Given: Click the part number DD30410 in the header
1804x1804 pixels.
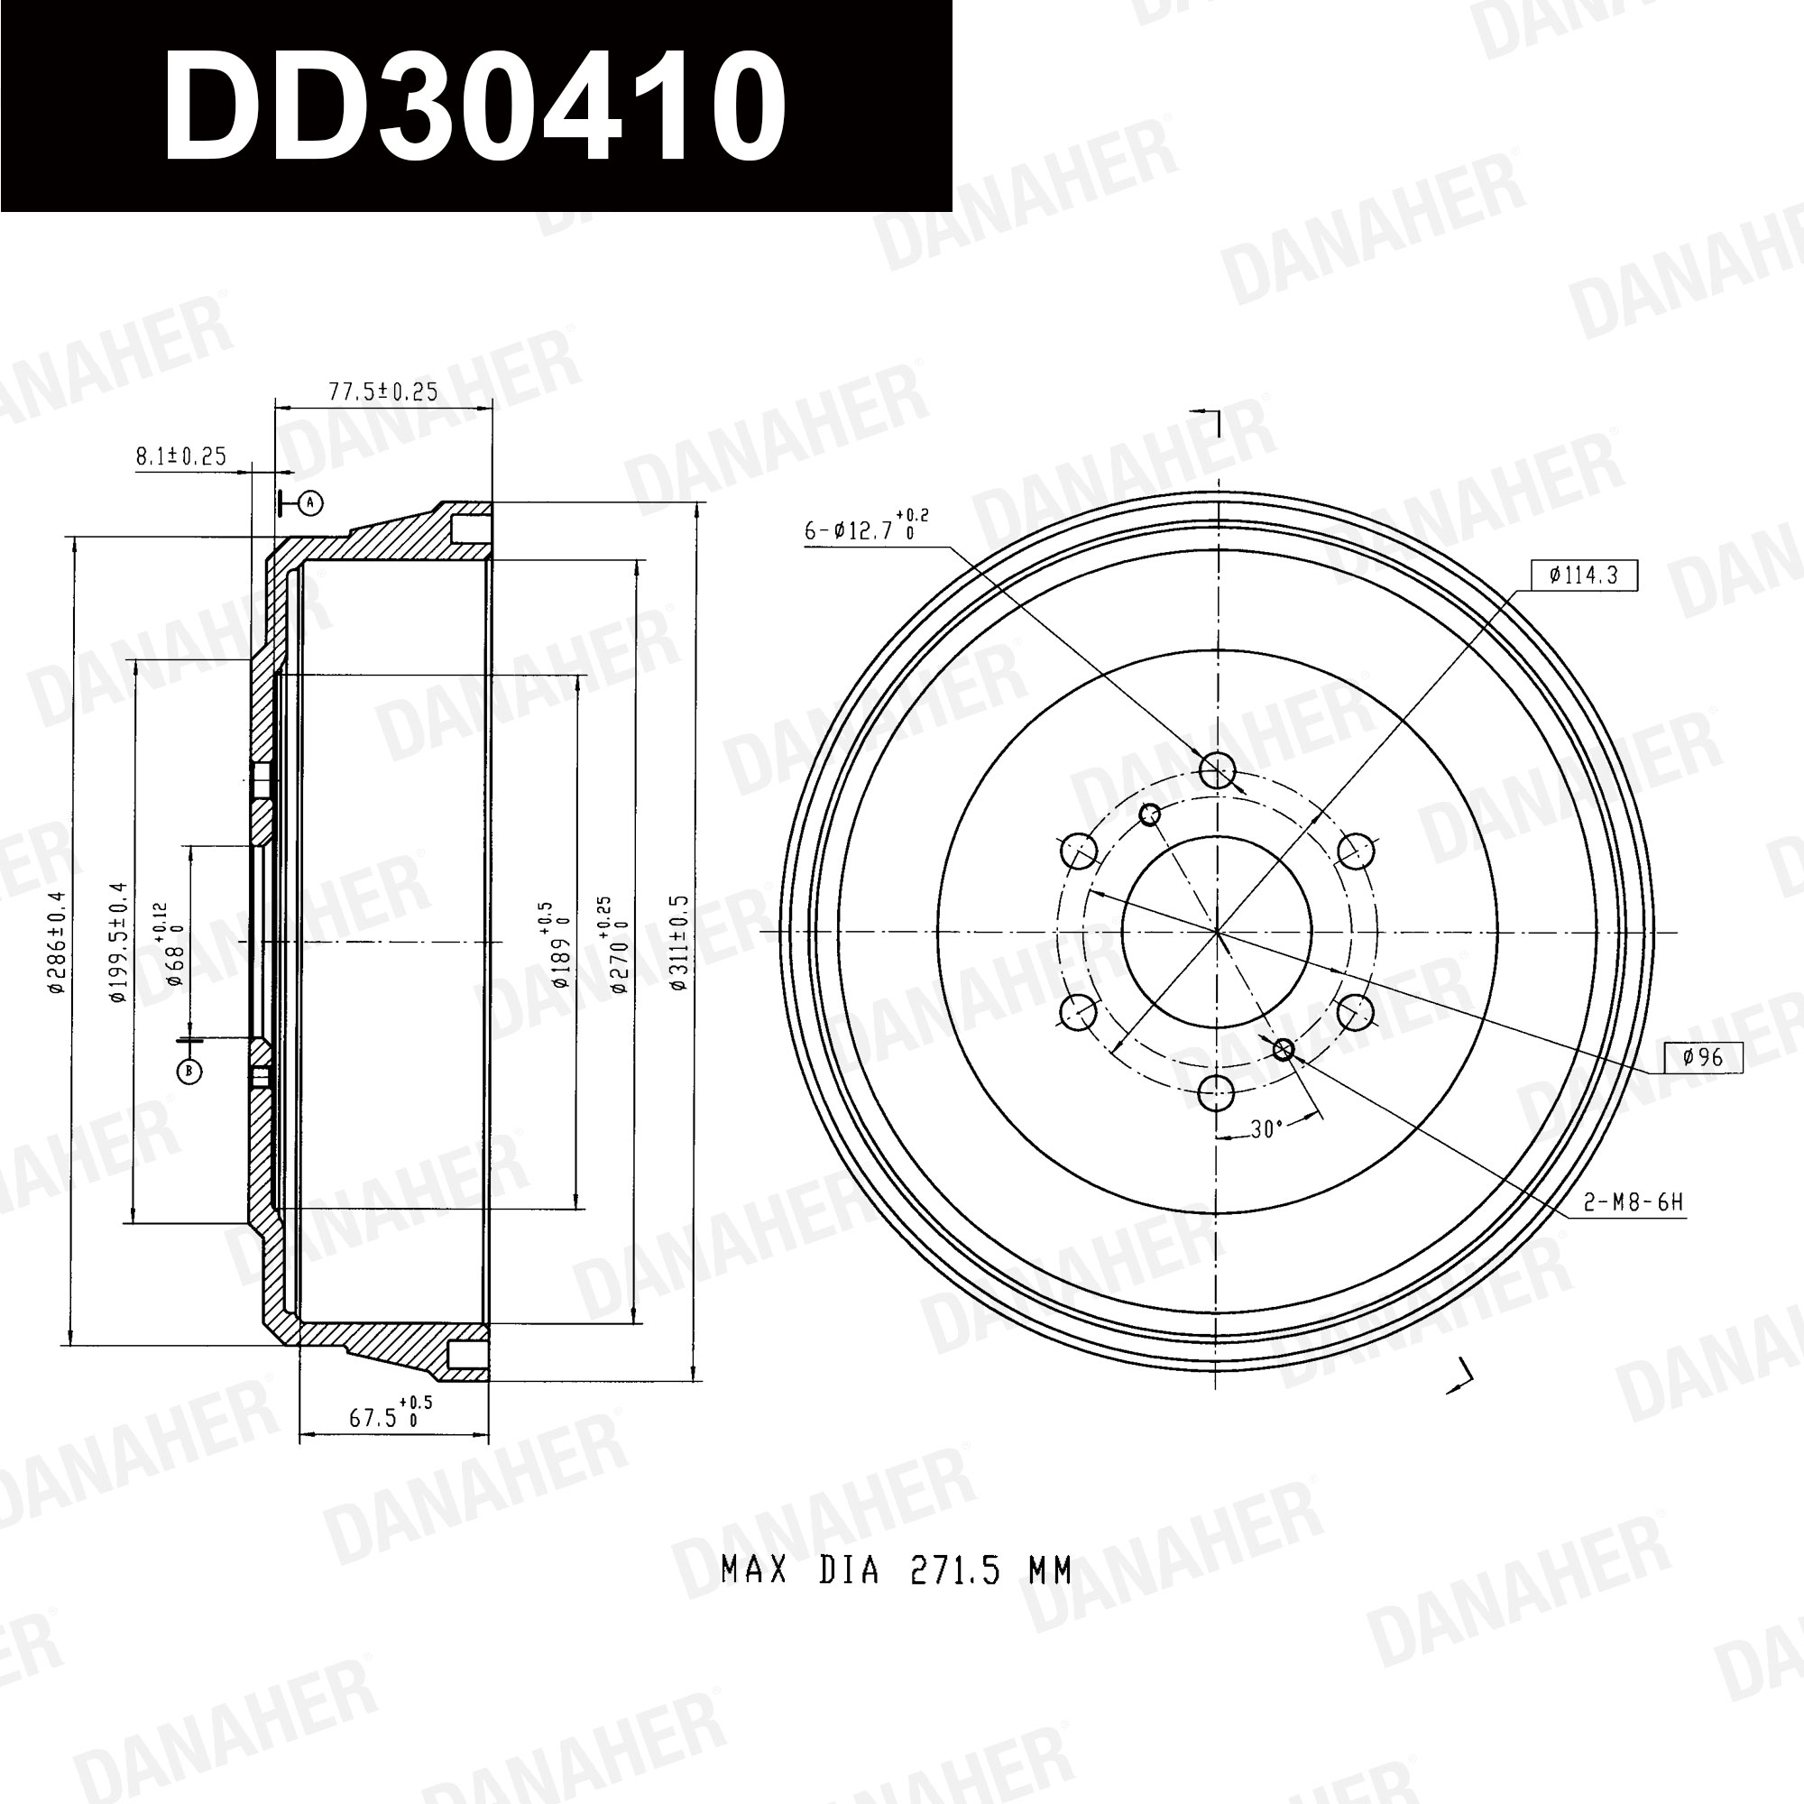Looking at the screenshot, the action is coord(474,105).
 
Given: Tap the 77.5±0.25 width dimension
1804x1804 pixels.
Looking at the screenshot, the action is coord(382,391).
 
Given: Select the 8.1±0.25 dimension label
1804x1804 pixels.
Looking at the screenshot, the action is coord(181,456).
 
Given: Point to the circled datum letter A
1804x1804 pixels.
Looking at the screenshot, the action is coord(311,503).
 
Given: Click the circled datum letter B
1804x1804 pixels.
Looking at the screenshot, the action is coord(189,1071).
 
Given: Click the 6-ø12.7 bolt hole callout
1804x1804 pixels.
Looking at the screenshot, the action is coord(867,527).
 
